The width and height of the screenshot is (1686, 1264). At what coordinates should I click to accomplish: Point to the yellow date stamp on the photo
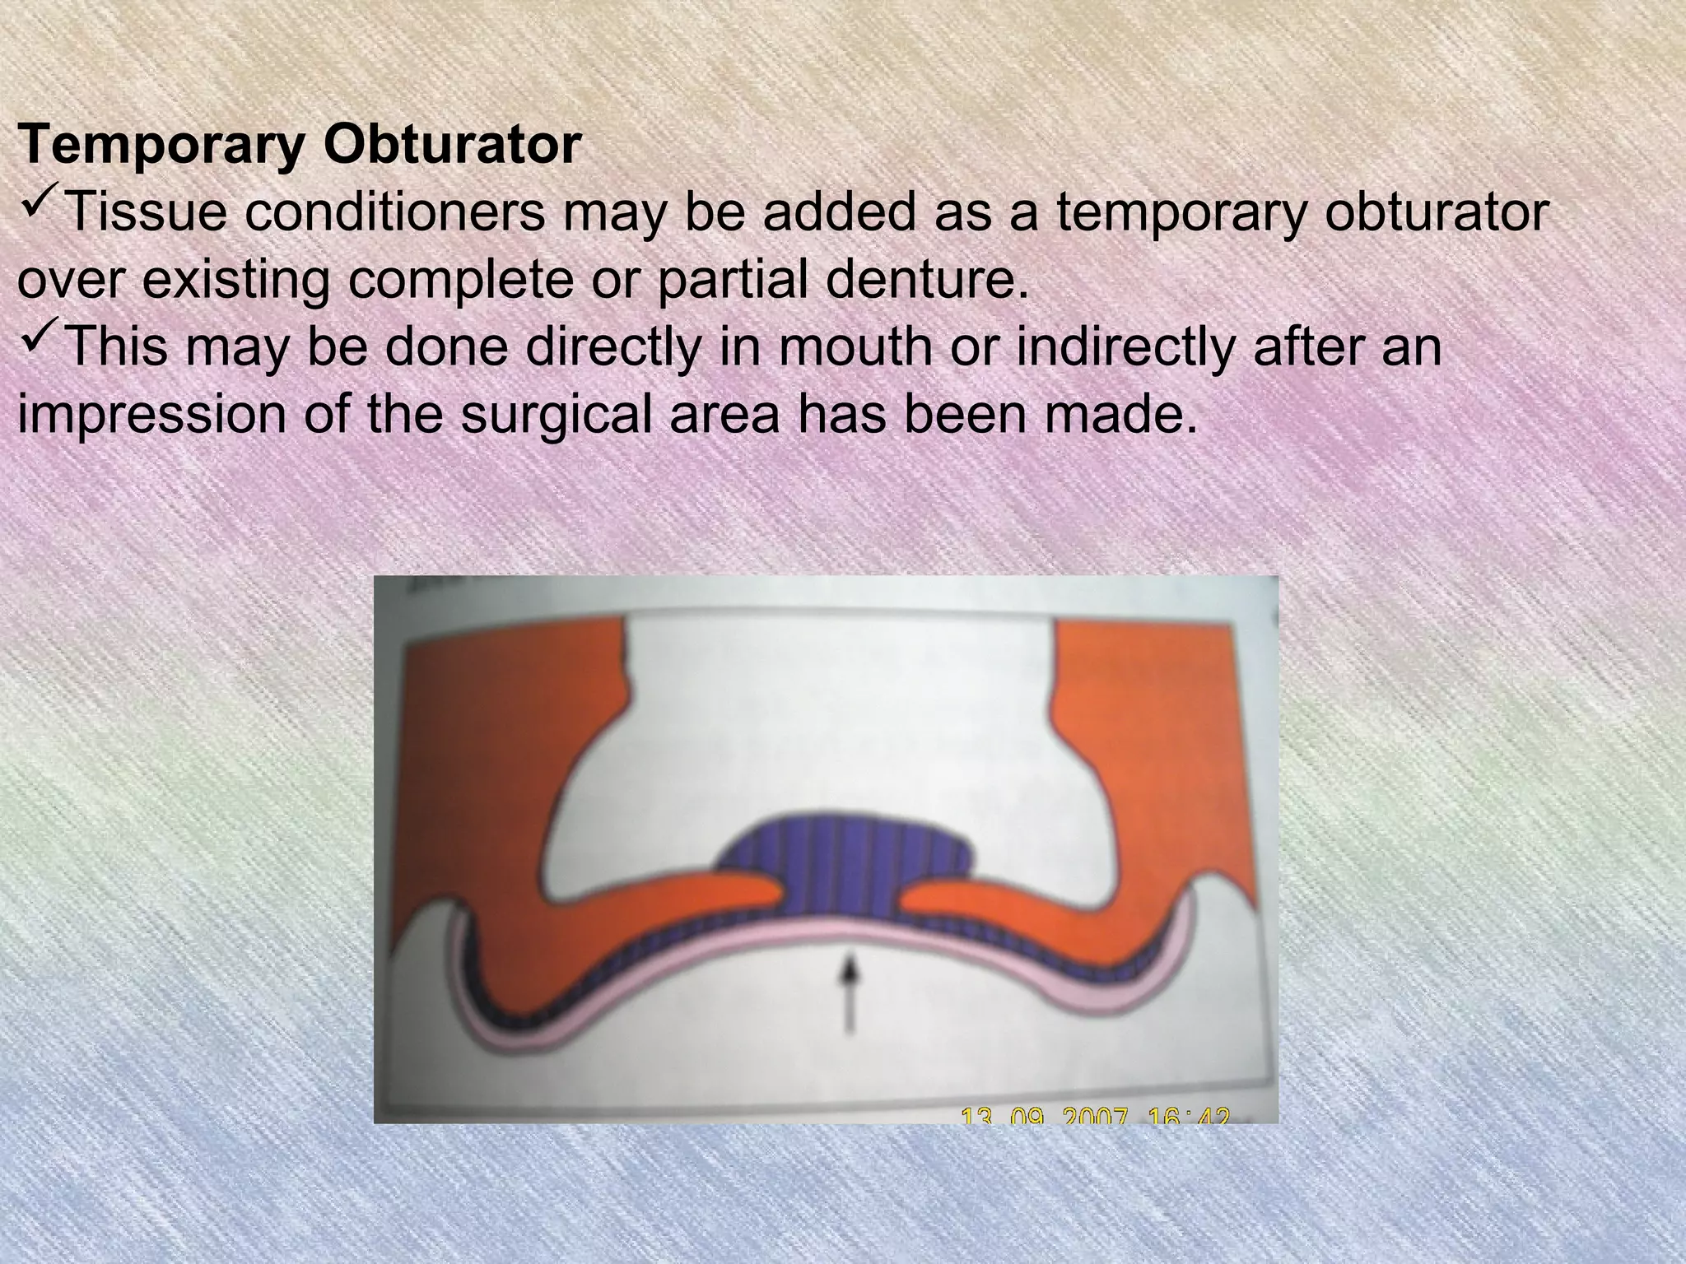(1096, 1116)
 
